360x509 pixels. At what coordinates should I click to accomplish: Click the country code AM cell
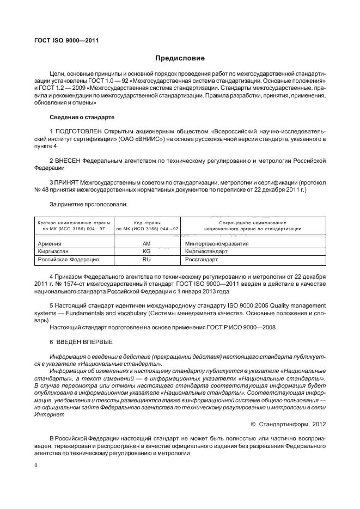click(146, 244)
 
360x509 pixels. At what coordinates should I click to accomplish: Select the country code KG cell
click(146, 252)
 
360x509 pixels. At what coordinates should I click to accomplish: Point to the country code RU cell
click(146, 260)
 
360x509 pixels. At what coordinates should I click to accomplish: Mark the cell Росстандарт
click(203, 260)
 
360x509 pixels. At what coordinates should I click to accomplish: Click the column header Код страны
click(146, 223)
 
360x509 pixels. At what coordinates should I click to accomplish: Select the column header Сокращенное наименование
click(253, 223)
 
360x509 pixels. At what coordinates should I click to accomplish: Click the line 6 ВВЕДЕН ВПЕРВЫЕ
click(81, 341)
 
